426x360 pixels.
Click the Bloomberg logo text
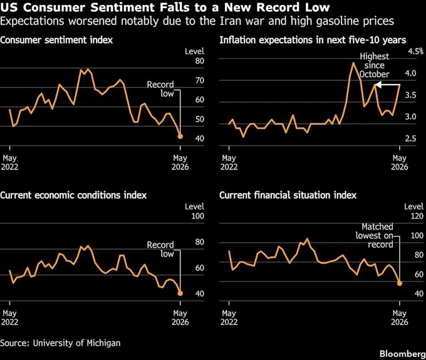pyautogui.click(x=403, y=354)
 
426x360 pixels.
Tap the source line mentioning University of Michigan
pyautogui.click(x=60, y=343)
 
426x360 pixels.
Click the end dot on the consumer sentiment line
pyautogui.click(x=180, y=136)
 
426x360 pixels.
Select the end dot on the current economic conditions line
pyautogui.click(x=180, y=293)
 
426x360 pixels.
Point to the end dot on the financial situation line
pyautogui.click(x=400, y=283)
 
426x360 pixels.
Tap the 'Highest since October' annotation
pyautogui.click(x=375, y=65)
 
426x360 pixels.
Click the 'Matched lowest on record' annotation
pyautogui.click(x=375, y=235)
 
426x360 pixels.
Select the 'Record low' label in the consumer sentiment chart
pyautogui.click(x=160, y=89)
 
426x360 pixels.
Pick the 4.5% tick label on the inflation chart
pyautogui.click(x=416, y=51)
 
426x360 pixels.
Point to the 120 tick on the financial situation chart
pyautogui.click(x=417, y=216)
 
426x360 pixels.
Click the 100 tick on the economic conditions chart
pyautogui.click(x=197, y=216)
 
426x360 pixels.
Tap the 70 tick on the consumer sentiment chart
pyautogui.click(x=200, y=80)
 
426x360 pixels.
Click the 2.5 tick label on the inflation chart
pyautogui.click(x=410, y=139)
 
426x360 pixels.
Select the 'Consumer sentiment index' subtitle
pyautogui.click(x=56, y=40)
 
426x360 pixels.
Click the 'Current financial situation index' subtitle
pyautogui.click(x=288, y=195)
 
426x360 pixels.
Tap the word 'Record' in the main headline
pyautogui.click(x=281, y=8)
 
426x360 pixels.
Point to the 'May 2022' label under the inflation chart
pyautogui.click(x=229, y=162)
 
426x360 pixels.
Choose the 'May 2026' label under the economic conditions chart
pyautogui.click(x=180, y=317)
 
